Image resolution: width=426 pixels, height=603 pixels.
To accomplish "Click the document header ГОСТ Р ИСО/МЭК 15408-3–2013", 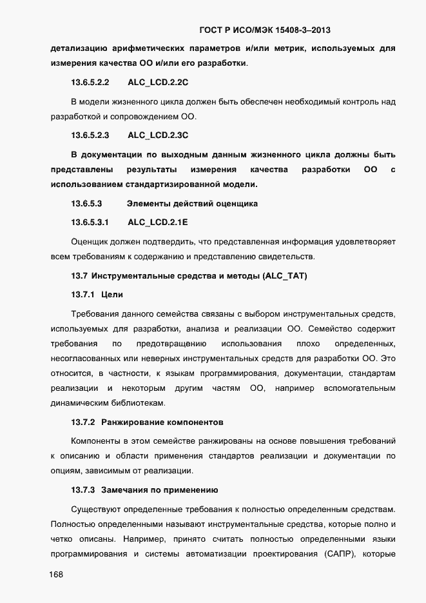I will [266, 30].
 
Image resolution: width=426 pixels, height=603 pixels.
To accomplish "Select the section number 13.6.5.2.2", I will [90, 83].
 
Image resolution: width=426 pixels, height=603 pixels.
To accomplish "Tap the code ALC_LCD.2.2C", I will [158, 83].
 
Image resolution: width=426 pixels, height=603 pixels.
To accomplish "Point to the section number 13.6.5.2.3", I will [90, 135].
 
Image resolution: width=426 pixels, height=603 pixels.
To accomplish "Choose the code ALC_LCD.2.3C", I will [158, 135].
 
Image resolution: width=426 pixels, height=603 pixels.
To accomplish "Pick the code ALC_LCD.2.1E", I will [158, 222].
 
